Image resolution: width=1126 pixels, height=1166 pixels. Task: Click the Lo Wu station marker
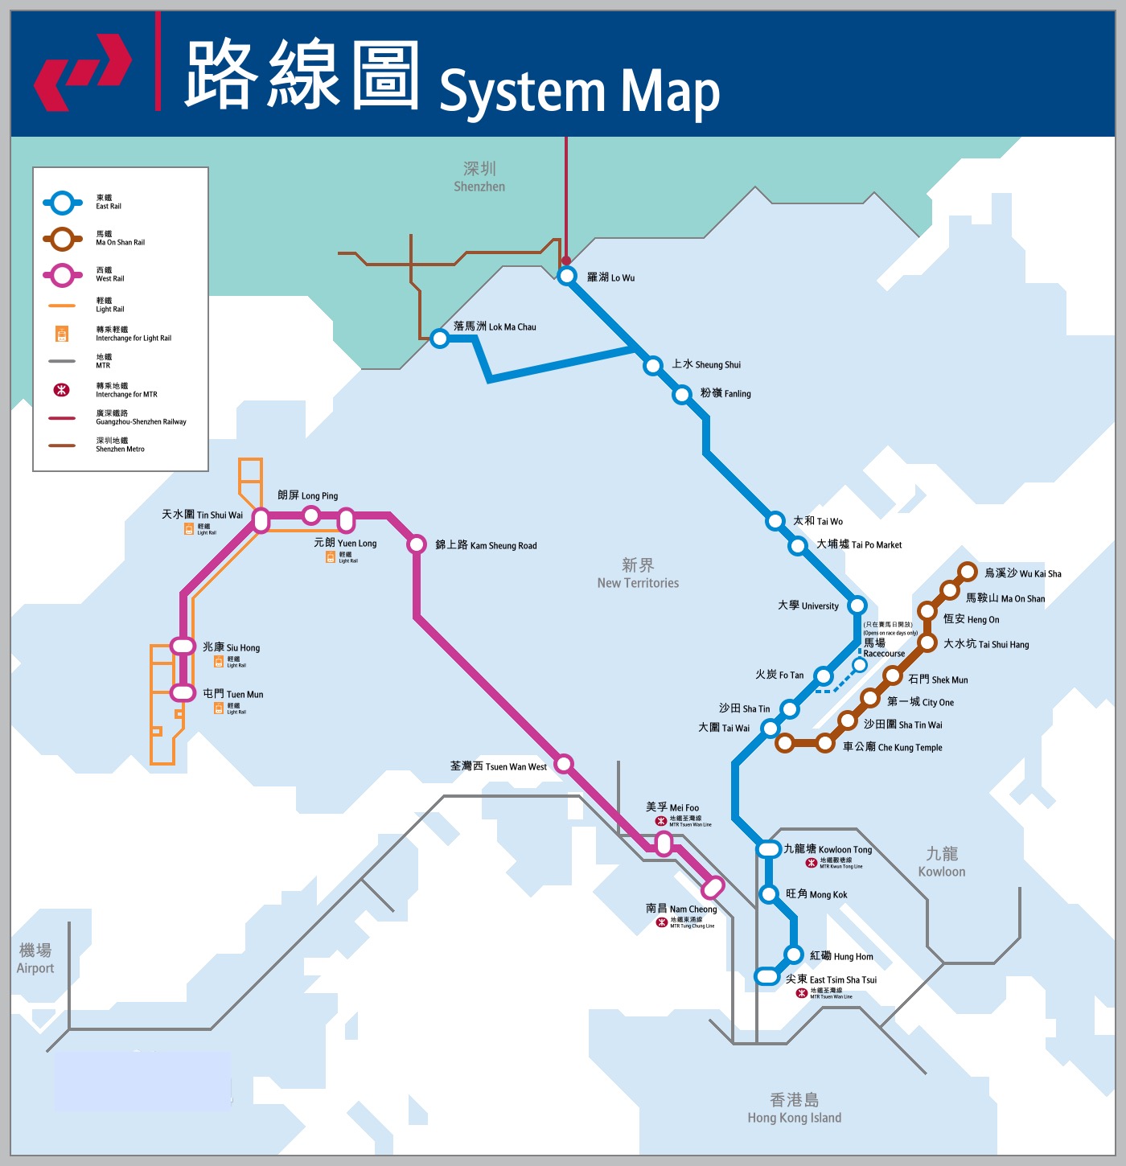point(567,276)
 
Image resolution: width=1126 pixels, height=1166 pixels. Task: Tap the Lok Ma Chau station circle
point(439,338)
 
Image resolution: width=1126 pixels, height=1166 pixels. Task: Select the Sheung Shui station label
point(706,364)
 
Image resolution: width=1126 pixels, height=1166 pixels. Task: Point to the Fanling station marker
point(682,394)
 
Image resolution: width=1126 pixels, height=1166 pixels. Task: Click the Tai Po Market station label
point(859,544)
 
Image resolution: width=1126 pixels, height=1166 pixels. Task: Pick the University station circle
point(857,605)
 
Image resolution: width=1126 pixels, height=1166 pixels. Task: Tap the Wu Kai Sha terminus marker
point(968,572)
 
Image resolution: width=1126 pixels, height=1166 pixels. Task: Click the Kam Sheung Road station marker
point(417,544)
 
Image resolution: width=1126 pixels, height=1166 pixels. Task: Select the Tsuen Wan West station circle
point(564,763)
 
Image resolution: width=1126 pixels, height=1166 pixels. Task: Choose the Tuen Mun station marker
point(183,692)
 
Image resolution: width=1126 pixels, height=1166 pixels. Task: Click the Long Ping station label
point(307,495)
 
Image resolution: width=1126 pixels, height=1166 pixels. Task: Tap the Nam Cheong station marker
point(713,887)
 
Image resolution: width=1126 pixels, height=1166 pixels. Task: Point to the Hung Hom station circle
point(794,955)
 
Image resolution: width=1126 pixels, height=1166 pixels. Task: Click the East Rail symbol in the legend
point(63,203)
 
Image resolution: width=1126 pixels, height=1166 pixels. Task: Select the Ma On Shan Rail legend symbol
point(63,239)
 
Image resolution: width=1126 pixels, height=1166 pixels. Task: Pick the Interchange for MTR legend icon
point(62,390)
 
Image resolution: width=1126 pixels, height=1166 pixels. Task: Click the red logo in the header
point(83,72)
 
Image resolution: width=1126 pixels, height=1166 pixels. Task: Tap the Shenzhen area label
point(479,177)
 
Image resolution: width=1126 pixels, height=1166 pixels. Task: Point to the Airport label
point(35,959)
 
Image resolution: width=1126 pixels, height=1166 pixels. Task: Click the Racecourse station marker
point(860,664)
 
